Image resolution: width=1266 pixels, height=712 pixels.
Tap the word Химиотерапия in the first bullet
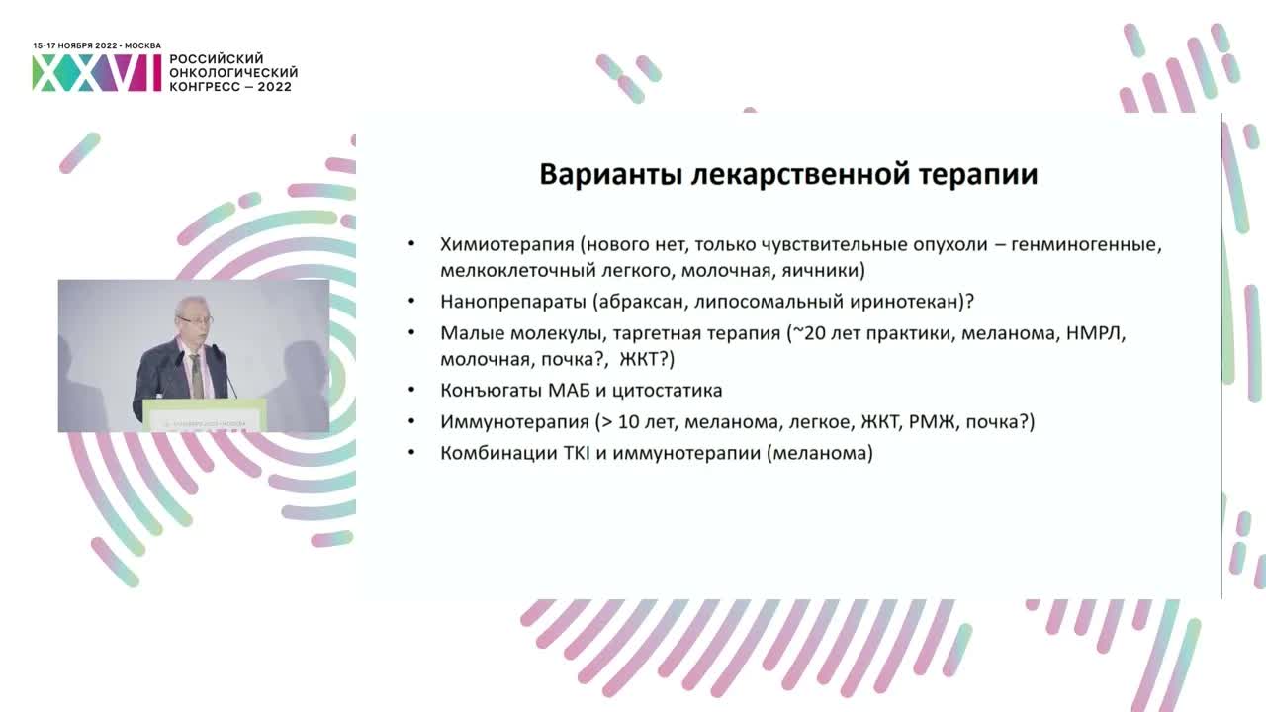(x=506, y=244)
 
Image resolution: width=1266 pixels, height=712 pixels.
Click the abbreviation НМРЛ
(x=1097, y=333)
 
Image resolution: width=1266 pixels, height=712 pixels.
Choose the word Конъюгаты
(x=489, y=391)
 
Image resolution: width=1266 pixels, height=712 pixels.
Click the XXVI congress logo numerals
(x=96, y=73)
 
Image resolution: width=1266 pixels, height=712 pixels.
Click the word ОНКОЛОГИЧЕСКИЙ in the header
(x=233, y=73)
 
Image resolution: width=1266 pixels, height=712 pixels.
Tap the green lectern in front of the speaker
(x=205, y=414)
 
